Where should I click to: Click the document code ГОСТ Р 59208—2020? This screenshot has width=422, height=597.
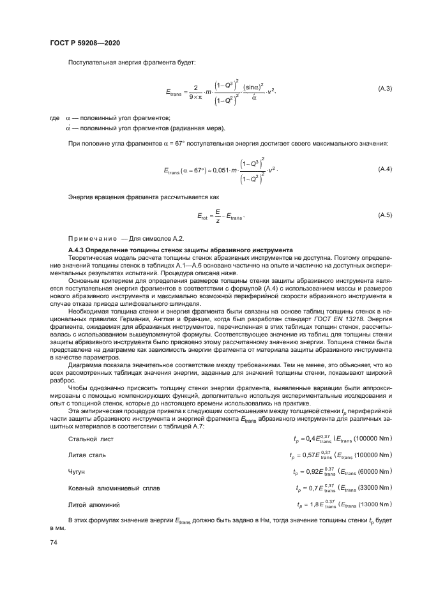pyautogui.click(x=85, y=42)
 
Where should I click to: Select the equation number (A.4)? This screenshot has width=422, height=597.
pyautogui.click(x=385, y=169)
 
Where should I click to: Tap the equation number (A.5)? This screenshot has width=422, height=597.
pyautogui.click(x=385, y=216)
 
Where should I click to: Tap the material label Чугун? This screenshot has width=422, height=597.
pyautogui.click(x=77, y=471)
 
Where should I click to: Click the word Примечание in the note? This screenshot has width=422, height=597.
pyautogui.click(x=92, y=238)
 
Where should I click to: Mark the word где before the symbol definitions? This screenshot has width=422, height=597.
pyautogui.click(x=54, y=118)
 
